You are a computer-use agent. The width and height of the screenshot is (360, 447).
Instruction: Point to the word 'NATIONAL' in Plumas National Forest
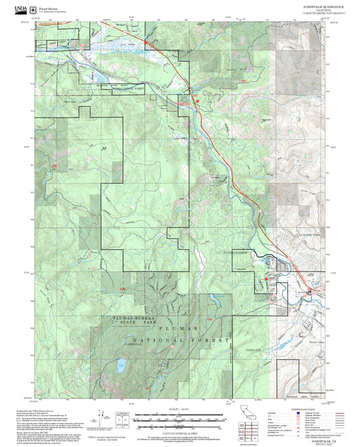point(157,340)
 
